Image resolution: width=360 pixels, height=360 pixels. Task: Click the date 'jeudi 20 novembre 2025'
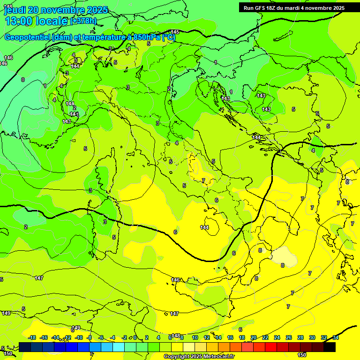click(55, 10)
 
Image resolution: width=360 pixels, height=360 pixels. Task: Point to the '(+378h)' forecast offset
click(83, 21)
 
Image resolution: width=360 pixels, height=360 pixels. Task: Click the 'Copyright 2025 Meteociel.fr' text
click(199, 357)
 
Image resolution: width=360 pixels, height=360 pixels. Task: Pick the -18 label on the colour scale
click(32, 337)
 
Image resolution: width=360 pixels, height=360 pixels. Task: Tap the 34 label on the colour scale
click(336, 337)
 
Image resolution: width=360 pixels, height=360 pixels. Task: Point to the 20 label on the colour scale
click(254, 337)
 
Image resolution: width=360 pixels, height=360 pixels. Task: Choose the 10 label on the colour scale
click(195, 337)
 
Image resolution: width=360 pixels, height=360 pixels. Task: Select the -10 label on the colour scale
click(79, 337)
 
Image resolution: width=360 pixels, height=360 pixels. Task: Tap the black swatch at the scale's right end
click(330, 347)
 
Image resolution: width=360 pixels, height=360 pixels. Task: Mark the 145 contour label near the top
click(175, 32)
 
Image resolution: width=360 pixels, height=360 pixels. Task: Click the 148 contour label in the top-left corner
click(8, 6)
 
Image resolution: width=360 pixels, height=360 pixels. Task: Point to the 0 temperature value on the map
click(22, 80)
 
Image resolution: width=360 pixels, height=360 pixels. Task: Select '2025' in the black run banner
click(337, 8)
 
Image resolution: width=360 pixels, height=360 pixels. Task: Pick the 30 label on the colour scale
click(312, 337)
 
